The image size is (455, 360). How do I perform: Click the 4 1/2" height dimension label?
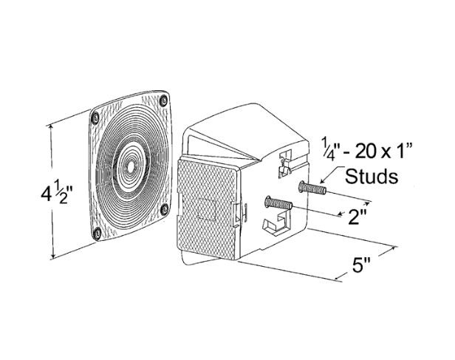pos(57,193)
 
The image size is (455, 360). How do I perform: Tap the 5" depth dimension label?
pos(362,265)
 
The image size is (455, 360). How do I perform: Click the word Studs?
pos(372,176)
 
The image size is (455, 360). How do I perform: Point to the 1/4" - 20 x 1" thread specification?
pos(366,152)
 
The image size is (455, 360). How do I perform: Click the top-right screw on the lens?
pos(164,101)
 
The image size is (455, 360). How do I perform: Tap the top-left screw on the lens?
pos(95,118)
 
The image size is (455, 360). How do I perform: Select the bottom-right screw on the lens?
pos(165,209)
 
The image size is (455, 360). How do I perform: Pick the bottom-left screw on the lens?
pos(97,233)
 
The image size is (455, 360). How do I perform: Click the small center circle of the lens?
pos(131,166)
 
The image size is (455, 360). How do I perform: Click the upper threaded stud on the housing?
pos(312,188)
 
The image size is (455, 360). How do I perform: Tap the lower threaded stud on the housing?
pos(278,203)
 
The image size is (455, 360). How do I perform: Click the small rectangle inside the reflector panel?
pos(206,209)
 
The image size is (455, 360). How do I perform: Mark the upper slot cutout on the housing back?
pos(284,163)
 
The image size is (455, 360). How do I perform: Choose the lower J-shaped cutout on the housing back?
pos(276,223)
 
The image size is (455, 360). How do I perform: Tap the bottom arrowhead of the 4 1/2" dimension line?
pos(53,256)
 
